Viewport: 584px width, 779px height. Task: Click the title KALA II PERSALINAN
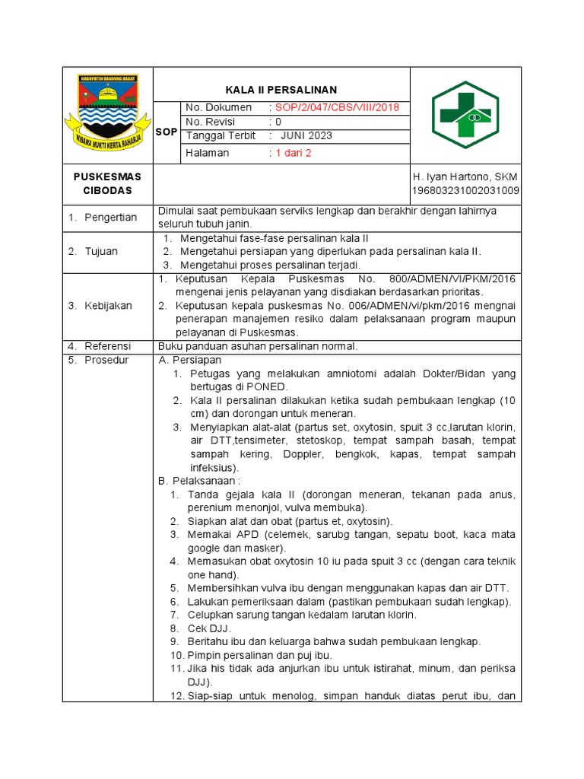click(x=281, y=89)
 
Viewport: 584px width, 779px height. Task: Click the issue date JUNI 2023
click(x=306, y=136)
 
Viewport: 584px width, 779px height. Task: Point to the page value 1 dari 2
click(x=294, y=152)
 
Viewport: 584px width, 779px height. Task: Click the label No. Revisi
click(x=211, y=122)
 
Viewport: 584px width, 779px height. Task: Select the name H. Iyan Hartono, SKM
click(x=465, y=176)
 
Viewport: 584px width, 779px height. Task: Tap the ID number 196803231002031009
click(x=465, y=191)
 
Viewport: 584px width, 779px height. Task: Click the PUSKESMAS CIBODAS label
click(x=107, y=183)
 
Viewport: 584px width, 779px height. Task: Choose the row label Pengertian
click(x=110, y=218)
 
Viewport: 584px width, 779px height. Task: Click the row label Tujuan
click(x=100, y=251)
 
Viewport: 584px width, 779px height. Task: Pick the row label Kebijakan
click(x=108, y=306)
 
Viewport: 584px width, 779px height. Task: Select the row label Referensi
click(x=107, y=346)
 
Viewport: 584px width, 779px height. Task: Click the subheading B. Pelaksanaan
click(x=198, y=481)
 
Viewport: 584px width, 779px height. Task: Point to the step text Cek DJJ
click(x=209, y=628)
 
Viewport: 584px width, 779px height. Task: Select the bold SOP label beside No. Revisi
click(x=166, y=132)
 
